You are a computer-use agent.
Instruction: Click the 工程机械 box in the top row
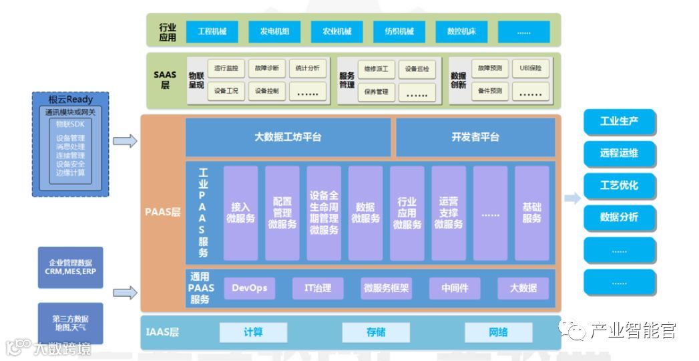point(212,31)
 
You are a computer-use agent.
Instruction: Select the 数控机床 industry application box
point(461,31)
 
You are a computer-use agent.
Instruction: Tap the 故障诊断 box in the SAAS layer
point(267,68)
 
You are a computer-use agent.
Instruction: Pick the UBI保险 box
point(530,68)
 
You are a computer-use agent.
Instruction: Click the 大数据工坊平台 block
point(288,137)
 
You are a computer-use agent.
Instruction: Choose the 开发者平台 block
point(475,137)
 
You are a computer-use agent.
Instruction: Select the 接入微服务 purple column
point(240,213)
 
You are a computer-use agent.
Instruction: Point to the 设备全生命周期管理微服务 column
point(324,213)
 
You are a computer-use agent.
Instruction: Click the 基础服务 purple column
point(531,213)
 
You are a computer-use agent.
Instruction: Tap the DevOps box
point(249,288)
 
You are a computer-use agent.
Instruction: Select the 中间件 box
point(455,288)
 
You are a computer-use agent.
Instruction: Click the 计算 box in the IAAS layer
point(253,332)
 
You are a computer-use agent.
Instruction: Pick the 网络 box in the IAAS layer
point(498,332)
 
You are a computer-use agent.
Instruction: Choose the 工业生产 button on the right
point(619,122)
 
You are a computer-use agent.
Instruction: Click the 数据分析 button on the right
point(619,217)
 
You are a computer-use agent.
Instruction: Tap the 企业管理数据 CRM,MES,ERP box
point(70,267)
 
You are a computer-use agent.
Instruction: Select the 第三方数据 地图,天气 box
point(70,323)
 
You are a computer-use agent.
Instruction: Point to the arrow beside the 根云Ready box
point(125,141)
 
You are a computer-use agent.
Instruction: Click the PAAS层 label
point(162,213)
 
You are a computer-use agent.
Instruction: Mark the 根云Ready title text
point(70,100)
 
